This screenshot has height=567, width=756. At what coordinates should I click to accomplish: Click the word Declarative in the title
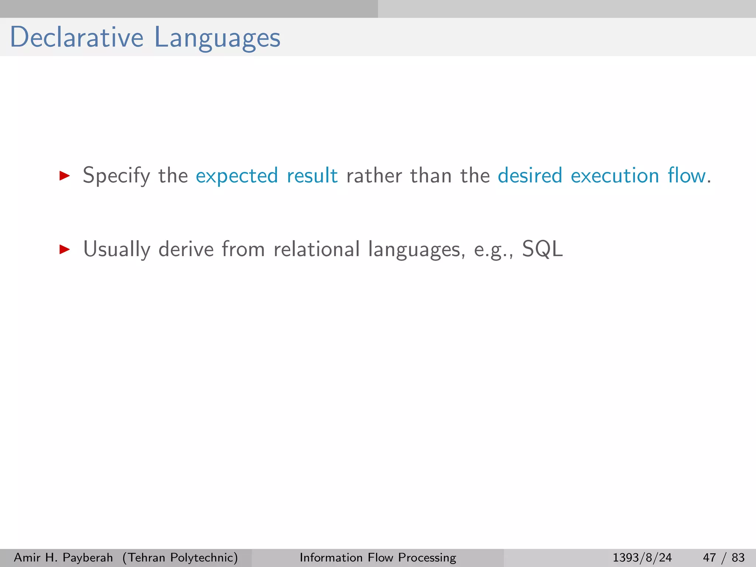(x=76, y=37)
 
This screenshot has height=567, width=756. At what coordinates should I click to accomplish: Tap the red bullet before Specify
(x=65, y=175)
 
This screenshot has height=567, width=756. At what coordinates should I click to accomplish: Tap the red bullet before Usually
(x=65, y=249)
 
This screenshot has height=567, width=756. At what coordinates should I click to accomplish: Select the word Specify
(x=116, y=176)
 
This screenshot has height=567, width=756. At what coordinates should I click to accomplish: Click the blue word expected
(x=237, y=176)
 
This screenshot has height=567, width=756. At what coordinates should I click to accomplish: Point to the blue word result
(x=312, y=175)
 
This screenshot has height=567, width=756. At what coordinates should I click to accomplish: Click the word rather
(x=374, y=175)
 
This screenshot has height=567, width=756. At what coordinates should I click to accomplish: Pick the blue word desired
(x=530, y=175)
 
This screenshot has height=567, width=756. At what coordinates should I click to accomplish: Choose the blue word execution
(x=615, y=175)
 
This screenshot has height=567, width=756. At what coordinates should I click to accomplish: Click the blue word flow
(x=687, y=175)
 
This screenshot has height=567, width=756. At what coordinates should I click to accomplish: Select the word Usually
(x=117, y=250)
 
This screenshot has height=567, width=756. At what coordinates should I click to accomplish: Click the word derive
(x=186, y=249)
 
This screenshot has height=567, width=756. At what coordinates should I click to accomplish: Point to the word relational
(x=317, y=249)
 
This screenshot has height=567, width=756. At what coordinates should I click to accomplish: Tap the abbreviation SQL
(x=542, y=249)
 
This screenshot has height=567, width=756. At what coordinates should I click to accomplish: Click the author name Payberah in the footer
(x=87, y=557)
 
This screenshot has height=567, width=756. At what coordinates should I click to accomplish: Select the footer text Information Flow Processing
(x=378, y=557)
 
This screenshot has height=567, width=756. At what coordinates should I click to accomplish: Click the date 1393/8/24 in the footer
(x=642, y=557)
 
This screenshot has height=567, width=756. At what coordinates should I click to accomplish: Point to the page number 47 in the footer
(x=709, y=557)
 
